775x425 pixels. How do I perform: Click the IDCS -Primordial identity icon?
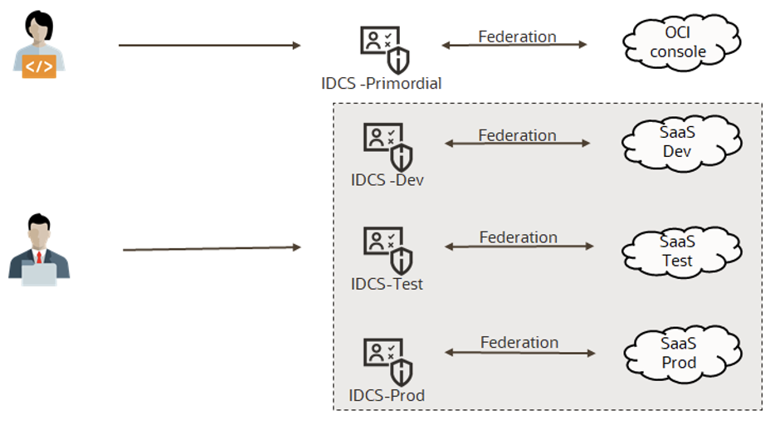coord(384,48)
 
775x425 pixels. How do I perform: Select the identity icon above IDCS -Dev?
coord(387,146)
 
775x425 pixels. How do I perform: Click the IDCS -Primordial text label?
coord(381,83)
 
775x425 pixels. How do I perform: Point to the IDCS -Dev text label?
coord(387,179)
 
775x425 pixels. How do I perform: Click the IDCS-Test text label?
coord(387,284)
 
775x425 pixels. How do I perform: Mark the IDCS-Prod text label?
coord(387,395)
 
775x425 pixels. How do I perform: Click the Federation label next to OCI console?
coord(517,37)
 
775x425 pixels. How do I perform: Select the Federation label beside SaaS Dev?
coord(517,135)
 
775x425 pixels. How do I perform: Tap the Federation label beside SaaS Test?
coord(518,237)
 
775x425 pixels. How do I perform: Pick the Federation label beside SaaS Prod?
coord(519,342)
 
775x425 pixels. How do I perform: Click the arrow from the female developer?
coord(209,45)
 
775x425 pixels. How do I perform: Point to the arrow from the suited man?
coord(212,248)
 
